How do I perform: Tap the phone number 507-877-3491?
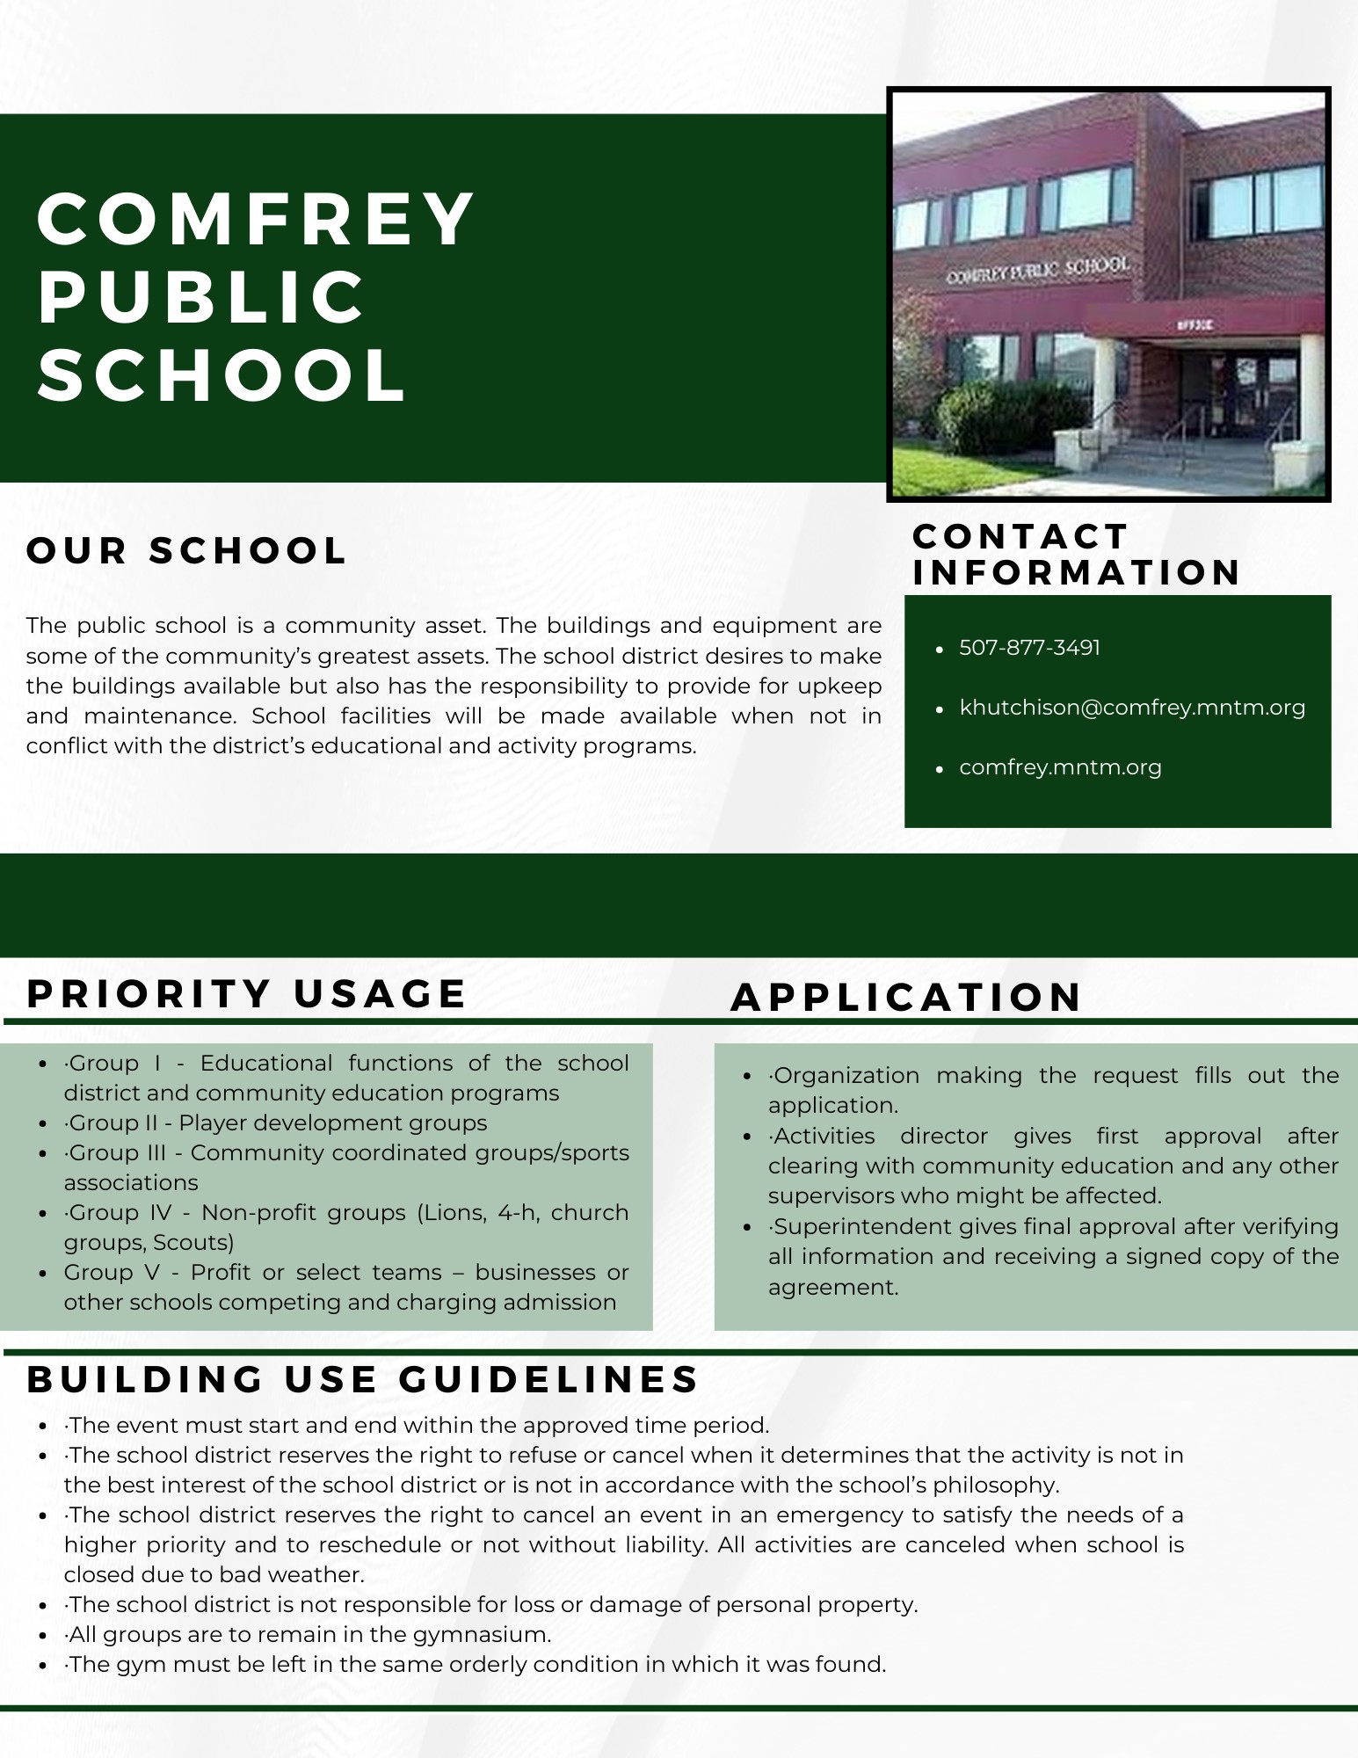[1029, 648]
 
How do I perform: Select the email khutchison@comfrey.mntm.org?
[1132, 708]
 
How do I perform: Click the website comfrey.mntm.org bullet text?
[1060, 767]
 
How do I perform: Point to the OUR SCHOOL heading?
[187, 551]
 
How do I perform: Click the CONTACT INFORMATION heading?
[1076, 555]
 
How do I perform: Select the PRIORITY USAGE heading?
[247, 994]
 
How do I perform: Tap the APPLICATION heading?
[906, 998]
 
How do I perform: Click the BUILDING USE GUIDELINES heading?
[363, 1379]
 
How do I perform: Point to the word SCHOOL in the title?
[222, 375]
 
